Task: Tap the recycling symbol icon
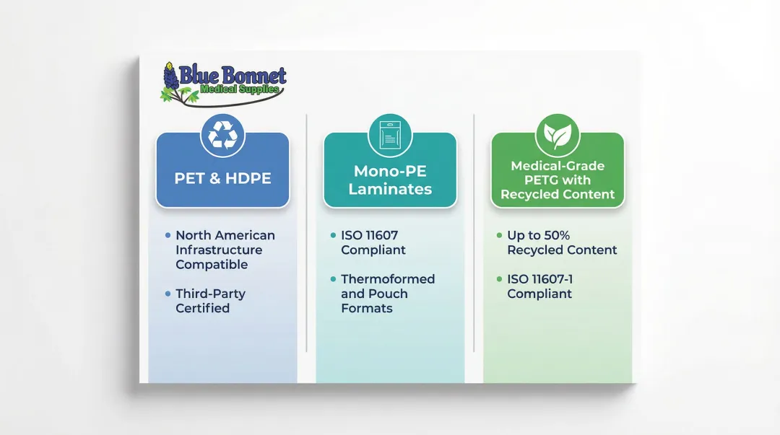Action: coord(222,135)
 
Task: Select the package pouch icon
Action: coord(390,135)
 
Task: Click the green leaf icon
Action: coord(557,135)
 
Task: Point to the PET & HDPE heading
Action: coord(222,177)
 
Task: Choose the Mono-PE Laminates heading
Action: coord(390,180)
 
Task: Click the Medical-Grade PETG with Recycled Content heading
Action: coord(558,180)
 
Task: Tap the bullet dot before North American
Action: coord(168,235)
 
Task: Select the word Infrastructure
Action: coord(219,250)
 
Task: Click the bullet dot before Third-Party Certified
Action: coord(168,294)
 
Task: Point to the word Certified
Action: coord(202,308)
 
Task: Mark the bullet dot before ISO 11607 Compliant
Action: coord(333,235)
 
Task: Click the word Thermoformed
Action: coord(388,279)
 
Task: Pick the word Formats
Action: coord(367,308)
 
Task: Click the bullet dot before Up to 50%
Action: coord(499,235)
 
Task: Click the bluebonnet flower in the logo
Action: coord(170,77)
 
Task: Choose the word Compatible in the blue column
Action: coord(212,264)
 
